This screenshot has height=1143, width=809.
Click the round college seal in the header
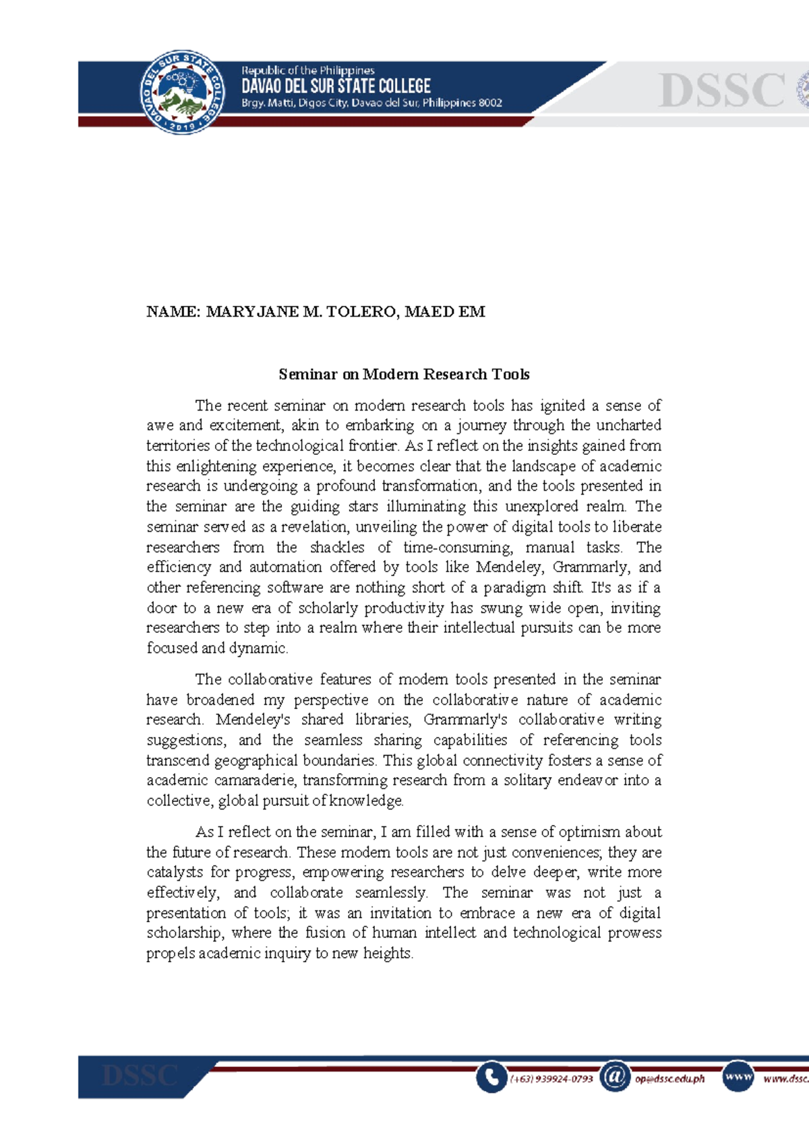[182, 92]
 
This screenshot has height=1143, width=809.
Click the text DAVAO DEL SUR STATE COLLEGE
[336, 86]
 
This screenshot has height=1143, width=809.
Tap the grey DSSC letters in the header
[721, 91]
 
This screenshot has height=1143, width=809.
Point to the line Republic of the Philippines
[308, 70]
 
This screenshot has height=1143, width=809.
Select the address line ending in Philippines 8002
[371, 103]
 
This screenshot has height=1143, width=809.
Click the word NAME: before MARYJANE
[173, 311]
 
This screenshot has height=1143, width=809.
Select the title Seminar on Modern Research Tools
[404, 374]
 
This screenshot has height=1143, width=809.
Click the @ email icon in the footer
[615, 1076]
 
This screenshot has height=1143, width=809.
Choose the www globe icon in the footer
[738, 1076]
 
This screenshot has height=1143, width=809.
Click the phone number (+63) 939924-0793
[551, 1078]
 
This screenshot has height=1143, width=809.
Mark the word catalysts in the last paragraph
[175, 872]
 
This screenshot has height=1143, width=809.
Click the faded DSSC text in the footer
[140, 1076]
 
